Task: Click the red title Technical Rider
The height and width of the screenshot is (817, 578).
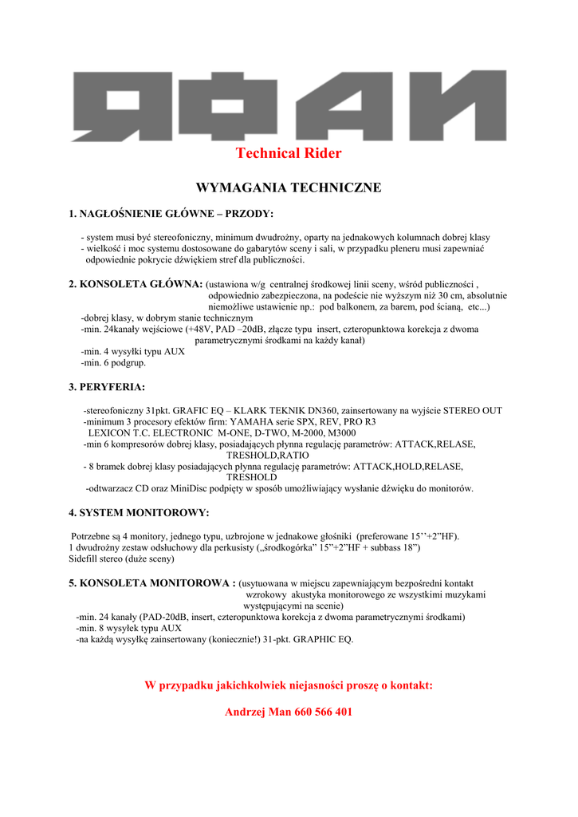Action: click(289, 153)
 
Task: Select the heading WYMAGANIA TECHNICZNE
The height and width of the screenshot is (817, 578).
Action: click(289, 187)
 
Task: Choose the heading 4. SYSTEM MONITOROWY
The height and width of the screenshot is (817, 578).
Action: click(139, 512)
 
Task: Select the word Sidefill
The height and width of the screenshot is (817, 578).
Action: click(84, 559)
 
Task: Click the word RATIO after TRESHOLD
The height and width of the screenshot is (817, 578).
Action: click(271, 455)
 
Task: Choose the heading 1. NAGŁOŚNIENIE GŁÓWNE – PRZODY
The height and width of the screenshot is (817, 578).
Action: click(171, 214)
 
